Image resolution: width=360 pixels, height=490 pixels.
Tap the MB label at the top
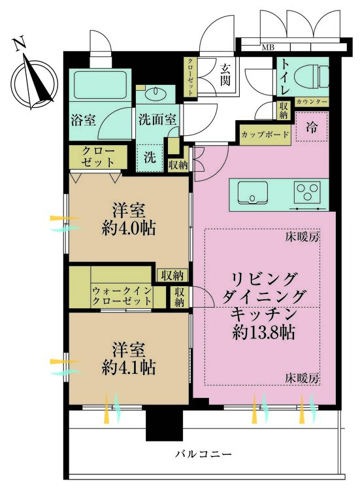pyautogui.click(x=268, y=47)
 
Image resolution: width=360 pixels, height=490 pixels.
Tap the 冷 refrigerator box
pyautogui.click(x=312, y=127)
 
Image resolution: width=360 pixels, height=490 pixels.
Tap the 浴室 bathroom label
pyautogui.click(x=84, y=121)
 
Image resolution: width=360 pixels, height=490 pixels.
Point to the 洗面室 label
pyautogui.click(x=157, y=120)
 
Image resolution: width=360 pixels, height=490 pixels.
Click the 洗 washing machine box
pyautogui.click(x=150, y=157)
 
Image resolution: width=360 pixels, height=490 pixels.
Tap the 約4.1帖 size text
pyautogui.click(x=128, y=367)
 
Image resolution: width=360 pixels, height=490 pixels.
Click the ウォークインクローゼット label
pyautogui.click(x=122, y=295)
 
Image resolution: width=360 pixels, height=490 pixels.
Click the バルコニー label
pyautogui.click(x=203, y=453)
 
